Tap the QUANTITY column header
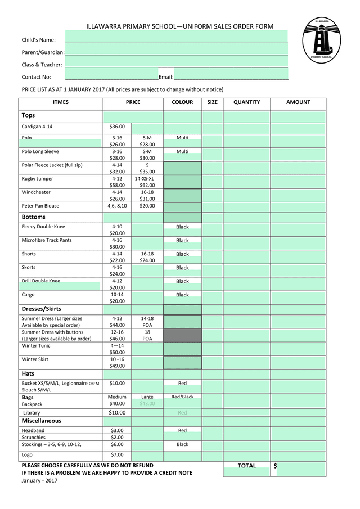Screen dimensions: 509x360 [x=247, y=102]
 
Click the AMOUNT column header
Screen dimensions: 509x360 [x=298, y=102]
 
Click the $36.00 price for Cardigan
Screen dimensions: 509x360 [x=117, y=127]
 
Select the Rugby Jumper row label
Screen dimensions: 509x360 [x=38, y=179]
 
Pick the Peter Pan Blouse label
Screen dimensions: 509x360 [x=40, y=206]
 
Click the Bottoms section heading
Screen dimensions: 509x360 [x=34, y=217]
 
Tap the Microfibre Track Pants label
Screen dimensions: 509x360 [x=47, y=241]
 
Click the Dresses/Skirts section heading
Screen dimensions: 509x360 [x=42, y=309]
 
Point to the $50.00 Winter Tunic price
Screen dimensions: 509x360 [x=117, y=352]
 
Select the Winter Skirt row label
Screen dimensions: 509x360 [x=35, y=359]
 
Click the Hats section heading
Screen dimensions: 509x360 [x=28, y=373]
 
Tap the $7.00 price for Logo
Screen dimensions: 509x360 [x=117, y=455]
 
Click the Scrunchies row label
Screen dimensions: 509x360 [x=34, y=438]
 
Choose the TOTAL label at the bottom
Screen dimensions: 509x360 [x=246, y=466]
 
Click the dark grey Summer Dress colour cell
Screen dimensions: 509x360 [x=182, y=335]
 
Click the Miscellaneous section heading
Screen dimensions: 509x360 [x=42, y=421]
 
